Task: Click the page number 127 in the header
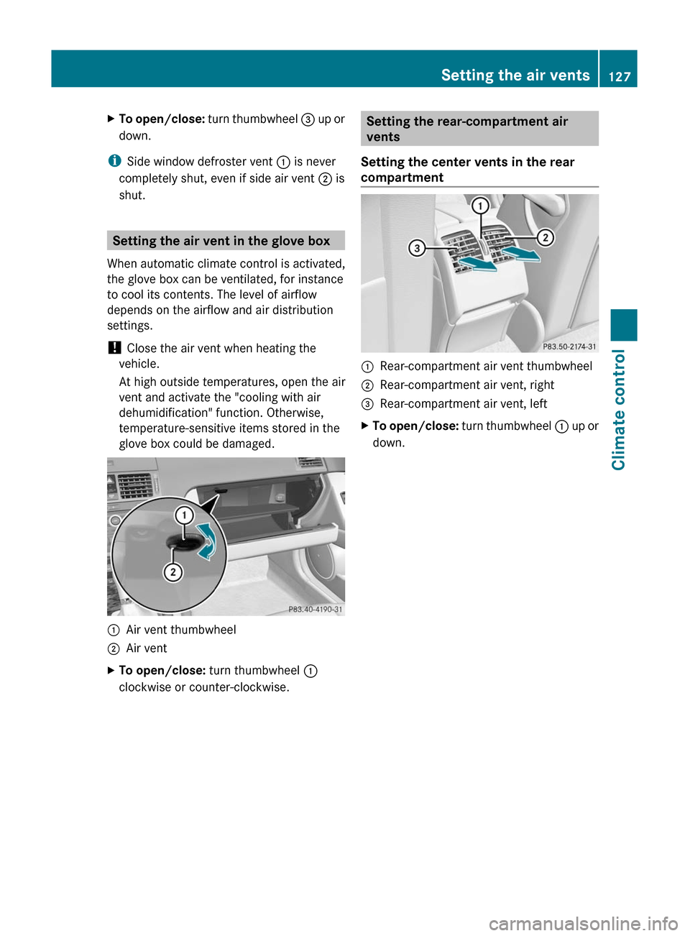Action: coord(619,76)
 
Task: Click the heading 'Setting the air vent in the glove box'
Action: coord(221,241)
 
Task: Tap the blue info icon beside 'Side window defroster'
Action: coord(114,161)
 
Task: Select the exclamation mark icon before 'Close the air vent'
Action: coord(114,348)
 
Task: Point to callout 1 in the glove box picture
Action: coord(185,515)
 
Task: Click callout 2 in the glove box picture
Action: coord(172,572)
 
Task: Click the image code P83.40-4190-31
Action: coord(315,609)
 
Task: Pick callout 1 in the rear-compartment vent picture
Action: coord(480,206)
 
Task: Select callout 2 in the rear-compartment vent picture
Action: coord(546,237)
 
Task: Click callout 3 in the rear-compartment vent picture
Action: coord(417,249)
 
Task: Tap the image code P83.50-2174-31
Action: coord(569,346)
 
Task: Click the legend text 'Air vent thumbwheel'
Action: coord(181,630)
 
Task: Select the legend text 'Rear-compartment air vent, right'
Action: coord(467,385)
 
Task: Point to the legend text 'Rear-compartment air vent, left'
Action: coord(464,404)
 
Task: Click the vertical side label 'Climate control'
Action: coord(619,409)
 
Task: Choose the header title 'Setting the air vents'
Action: coord(515,75)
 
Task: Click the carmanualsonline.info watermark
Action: coord(583,923)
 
